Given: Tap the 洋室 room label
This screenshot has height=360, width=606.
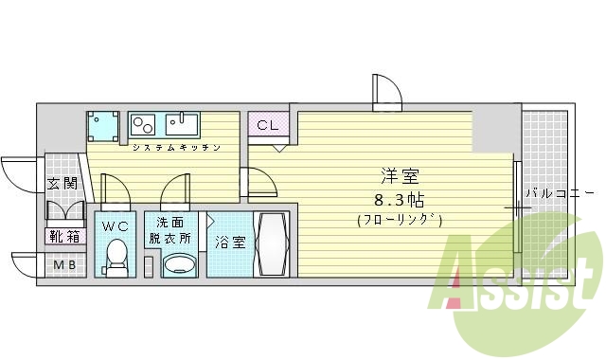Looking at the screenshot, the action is [400, 176].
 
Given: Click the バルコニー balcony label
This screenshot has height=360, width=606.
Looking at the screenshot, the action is [560, 194].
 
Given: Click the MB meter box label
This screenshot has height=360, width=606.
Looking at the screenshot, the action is [64, 265].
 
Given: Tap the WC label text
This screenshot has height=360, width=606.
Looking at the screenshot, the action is [116, 226].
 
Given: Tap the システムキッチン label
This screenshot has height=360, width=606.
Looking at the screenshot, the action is [177, 148].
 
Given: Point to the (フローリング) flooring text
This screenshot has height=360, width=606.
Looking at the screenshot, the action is [401, 220].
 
